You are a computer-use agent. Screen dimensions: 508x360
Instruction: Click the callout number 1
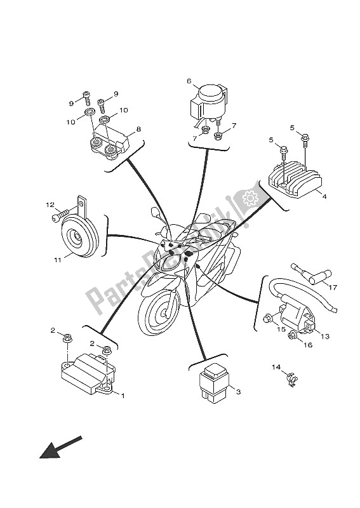(x=123, y=396)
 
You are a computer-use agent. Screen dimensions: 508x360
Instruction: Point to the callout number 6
(x=189, y=81)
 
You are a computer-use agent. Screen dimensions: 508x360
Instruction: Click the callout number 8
(x=138, y=130)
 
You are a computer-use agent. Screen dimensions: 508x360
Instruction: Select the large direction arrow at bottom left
(x=60, y=446)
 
